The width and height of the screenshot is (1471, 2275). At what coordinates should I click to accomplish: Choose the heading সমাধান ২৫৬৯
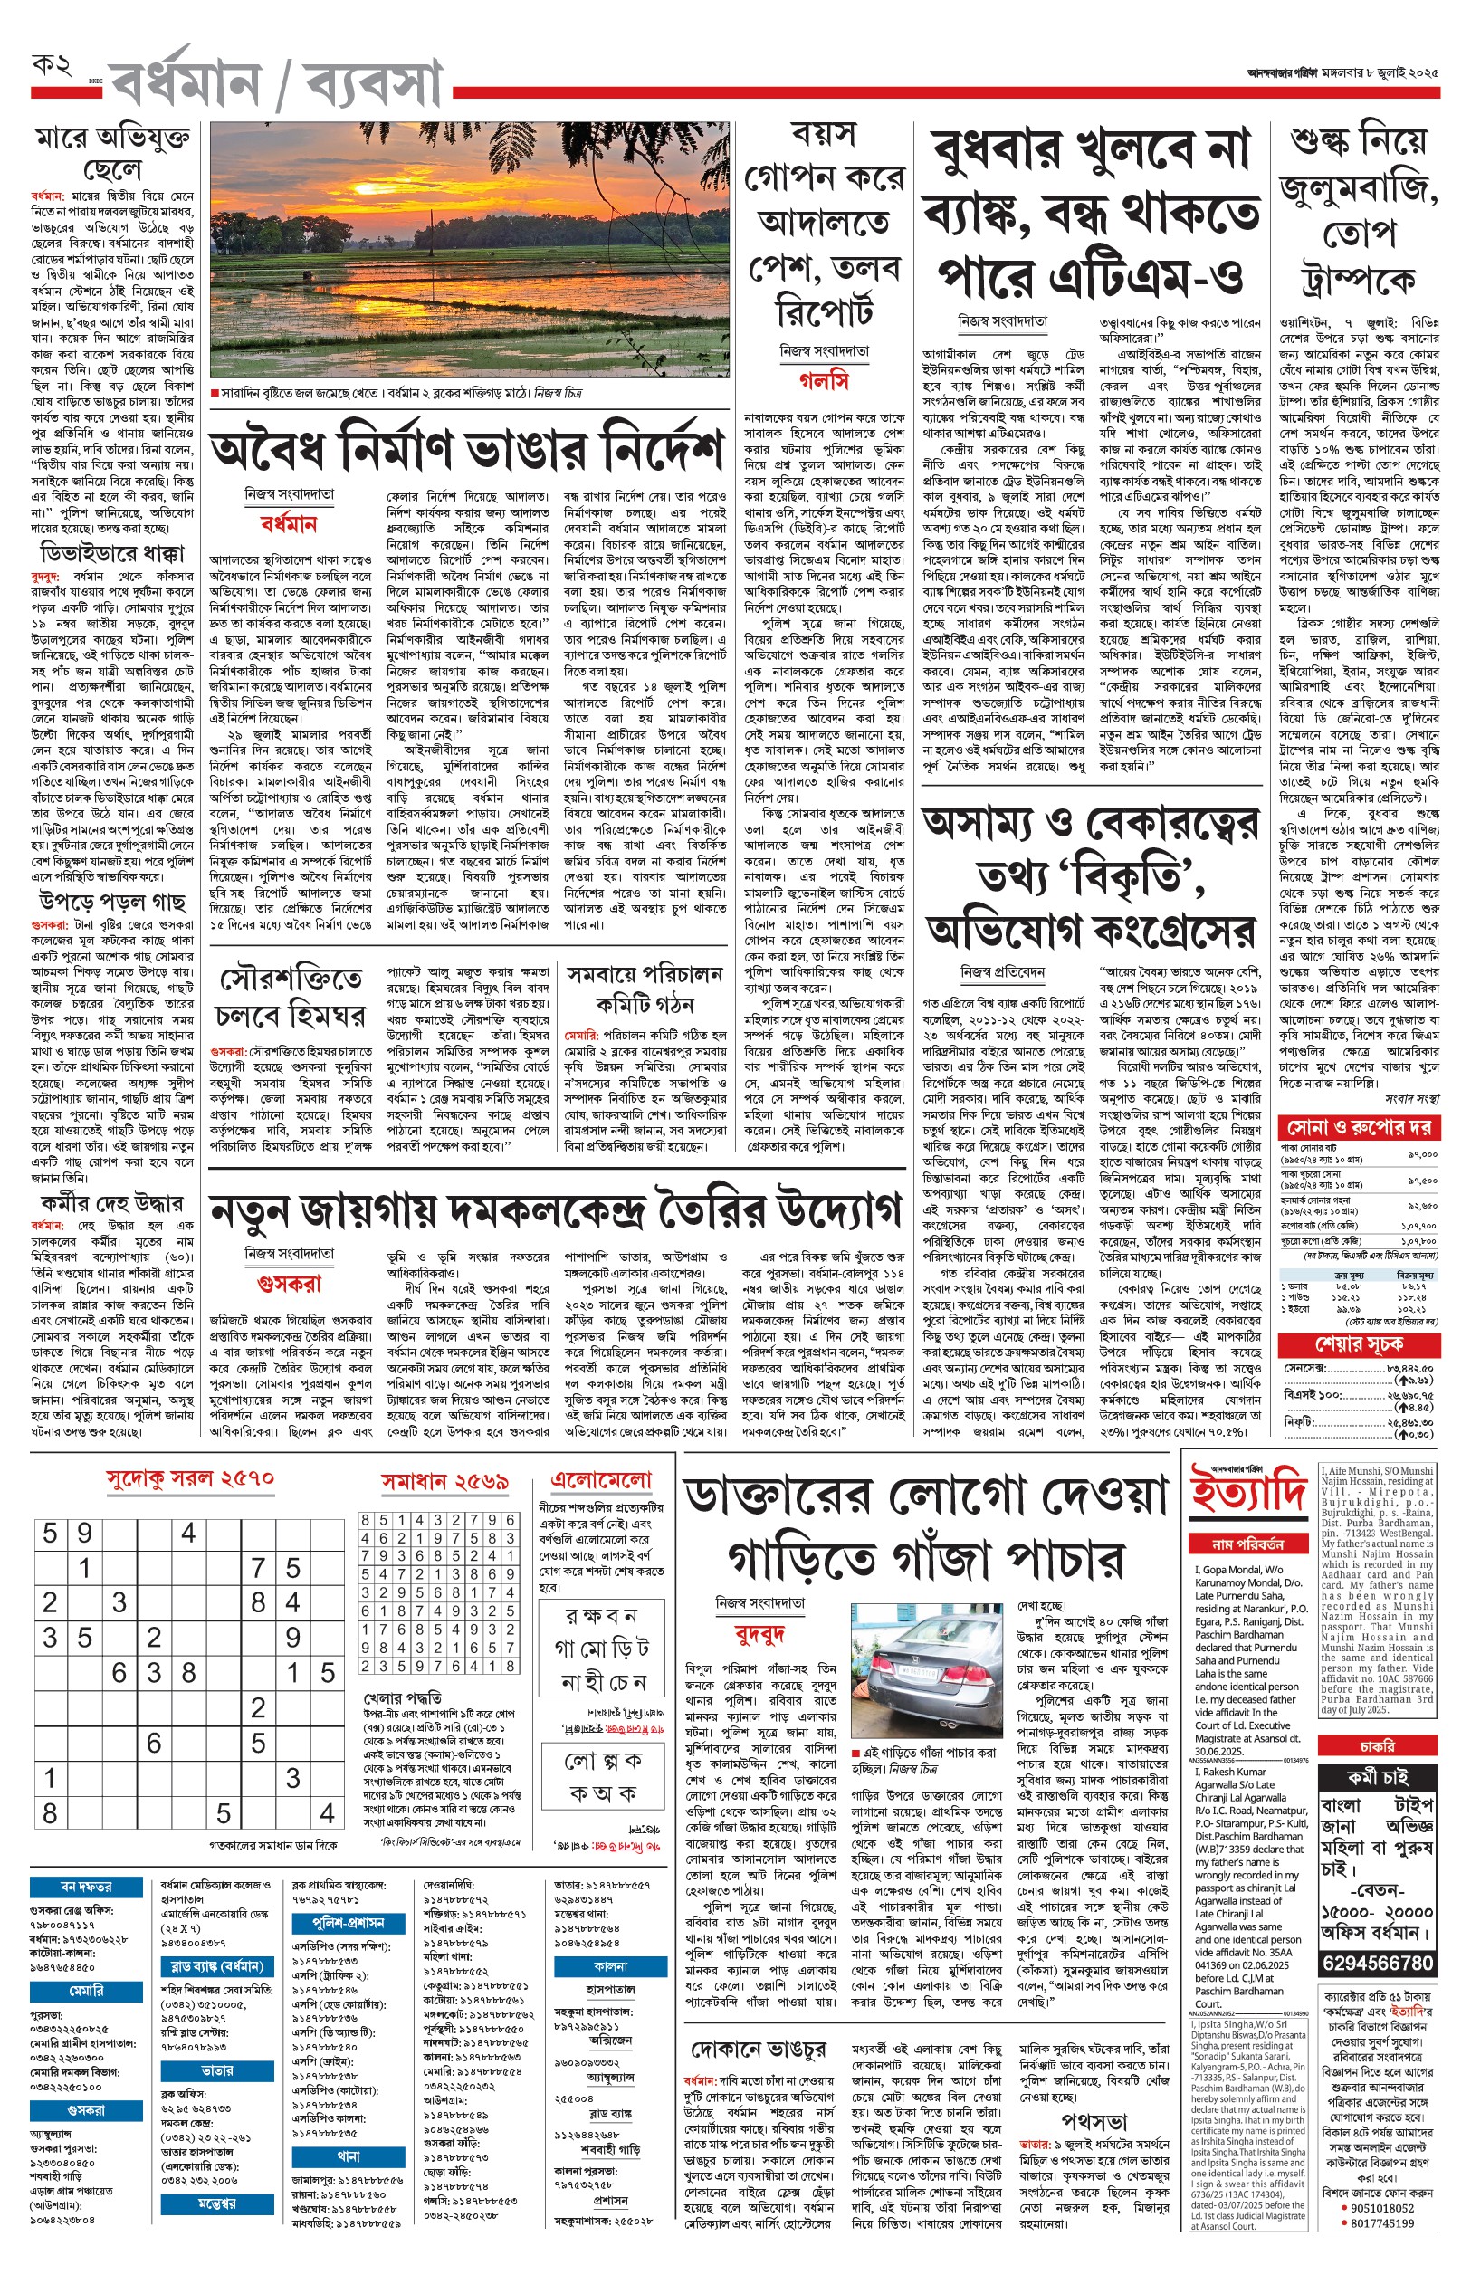pos(444,1482)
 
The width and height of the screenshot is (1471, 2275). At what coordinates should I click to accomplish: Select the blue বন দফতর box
pos(87,1887)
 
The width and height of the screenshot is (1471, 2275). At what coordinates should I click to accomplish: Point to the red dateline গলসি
pos(824,381)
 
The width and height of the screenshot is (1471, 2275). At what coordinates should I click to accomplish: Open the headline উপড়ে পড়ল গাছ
pos(111,902)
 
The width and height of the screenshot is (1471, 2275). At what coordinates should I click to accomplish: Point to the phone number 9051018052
pos(1382,2208)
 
